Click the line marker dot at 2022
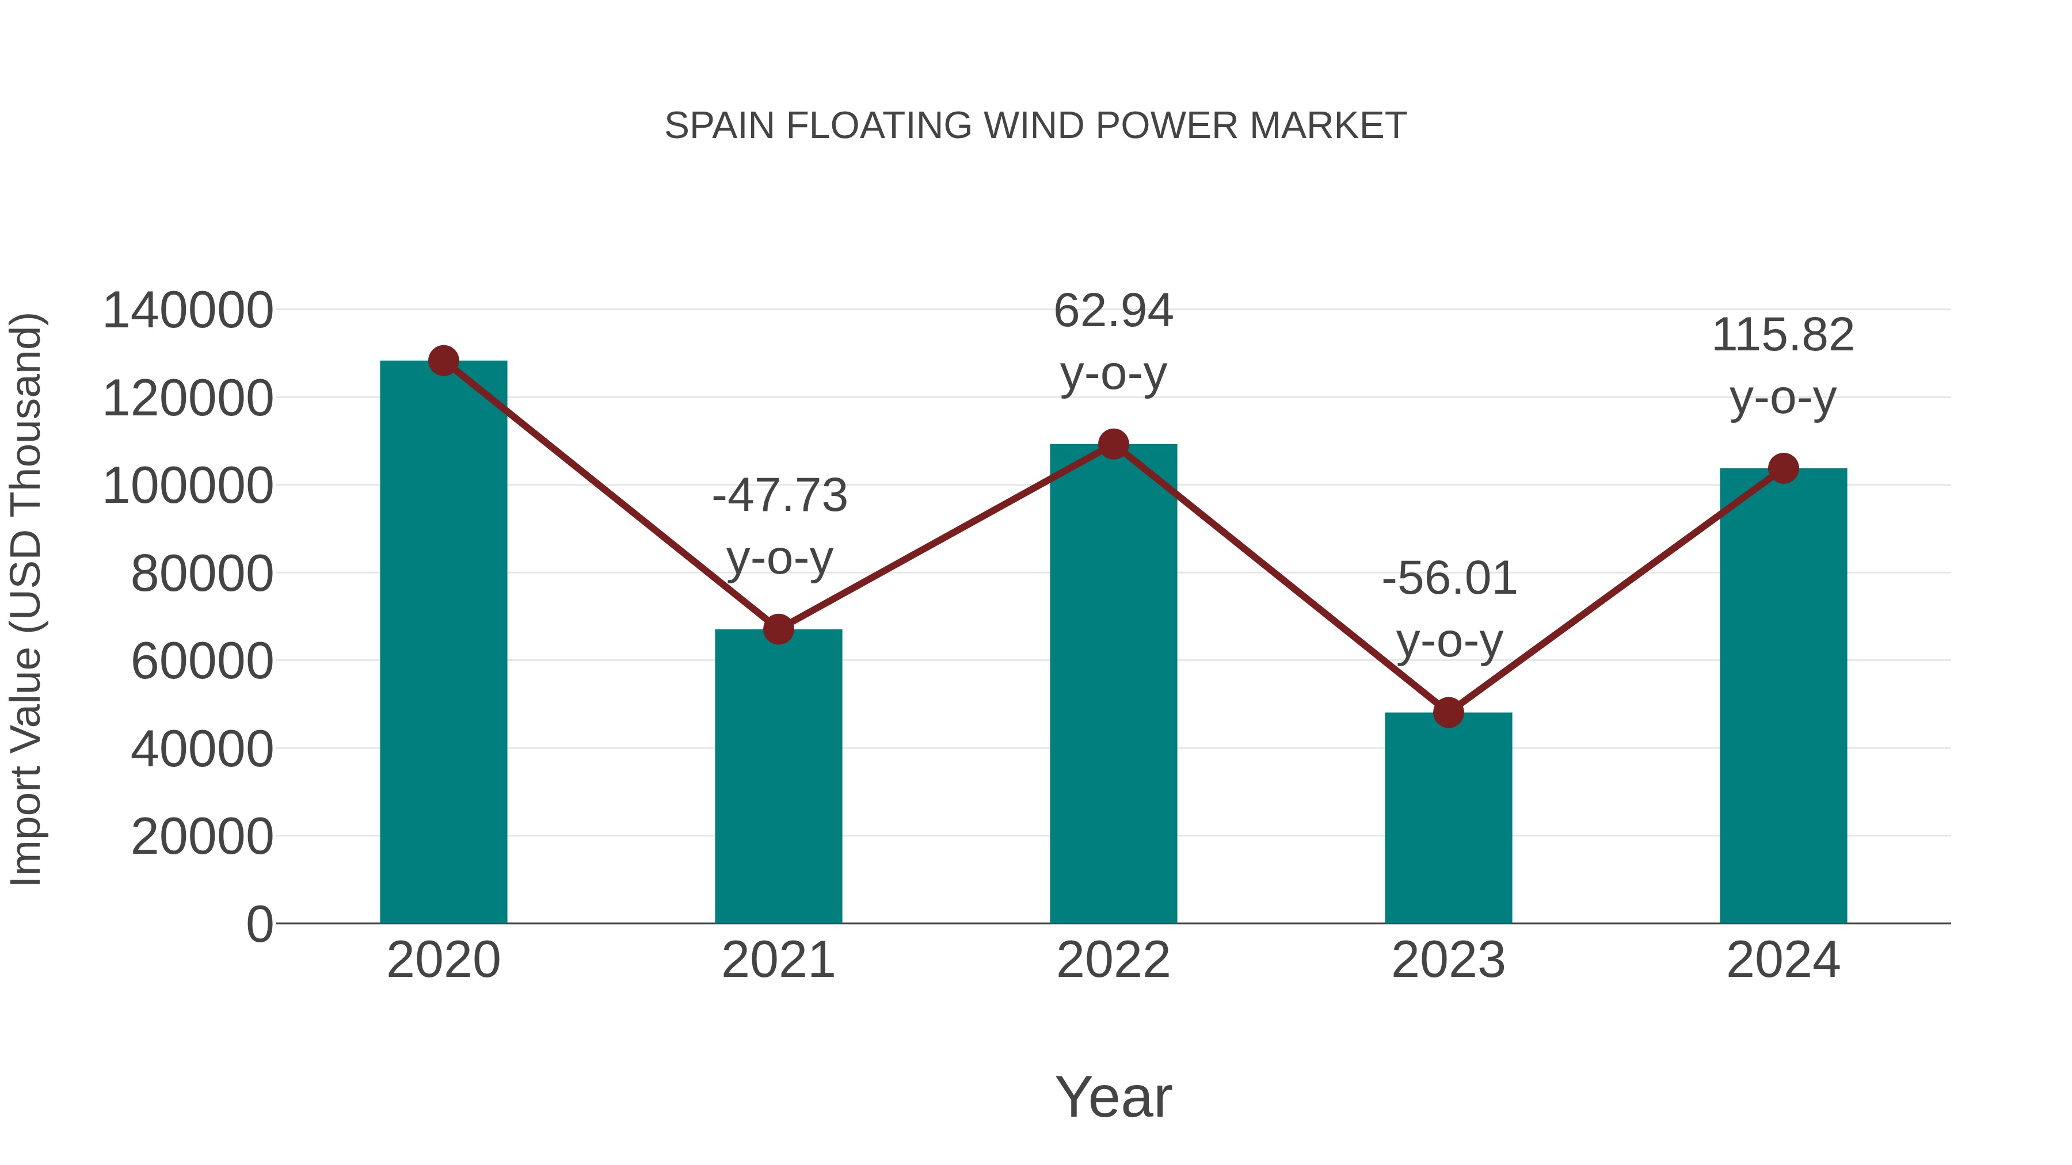click(x=1113, y=444)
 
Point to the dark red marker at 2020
click(x=443, y=361)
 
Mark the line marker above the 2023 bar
click(x=1448, y=712)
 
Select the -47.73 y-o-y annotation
click(x=779, y=526)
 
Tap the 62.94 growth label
click(x=1113, y=342)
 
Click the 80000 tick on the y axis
click(x=202, y=574)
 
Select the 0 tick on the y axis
click(x=260, y=924)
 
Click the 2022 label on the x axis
click(x=1113, y=960)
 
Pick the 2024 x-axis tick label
click(x=1783, y=960)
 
